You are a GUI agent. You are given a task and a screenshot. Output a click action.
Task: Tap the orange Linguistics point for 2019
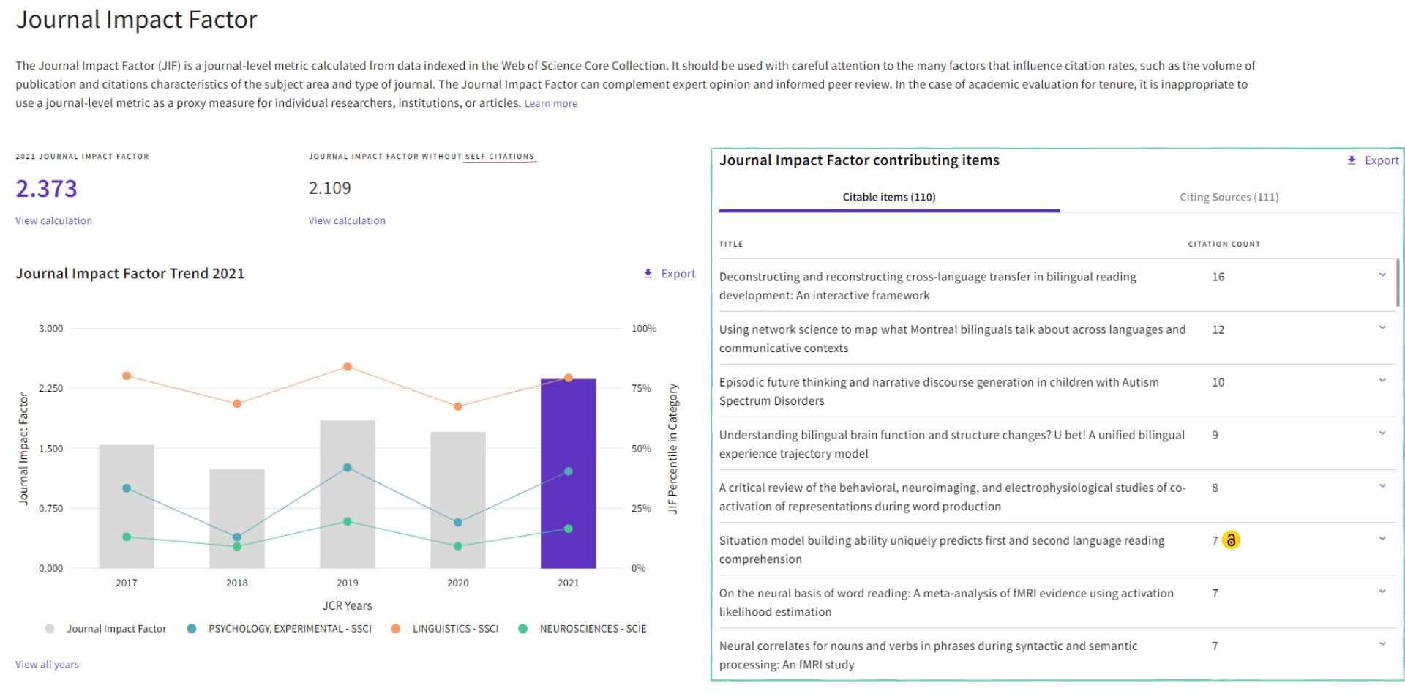coord(348,367)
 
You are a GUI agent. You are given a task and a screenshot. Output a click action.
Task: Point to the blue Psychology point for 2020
coord(458,523)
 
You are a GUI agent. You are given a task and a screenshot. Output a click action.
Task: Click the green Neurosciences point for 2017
coord(127,537)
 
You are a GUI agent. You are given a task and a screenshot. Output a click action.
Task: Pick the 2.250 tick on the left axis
coord(50,388)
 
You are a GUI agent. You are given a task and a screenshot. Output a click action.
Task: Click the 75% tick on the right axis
coord(641,388)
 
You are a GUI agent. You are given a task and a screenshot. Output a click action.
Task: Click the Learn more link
coord(550,103)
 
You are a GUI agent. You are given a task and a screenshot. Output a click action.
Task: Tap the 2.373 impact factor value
coord(46,189)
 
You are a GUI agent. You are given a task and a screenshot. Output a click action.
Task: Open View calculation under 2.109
coord(347,220)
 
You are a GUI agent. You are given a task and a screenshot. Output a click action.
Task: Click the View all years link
coord(47,664)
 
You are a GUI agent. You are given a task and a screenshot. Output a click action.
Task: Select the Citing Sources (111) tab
coord(1229,197)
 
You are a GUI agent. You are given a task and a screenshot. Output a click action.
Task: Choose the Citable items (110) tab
coord(888,197)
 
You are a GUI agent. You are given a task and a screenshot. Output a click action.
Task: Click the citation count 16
coord(1218,277)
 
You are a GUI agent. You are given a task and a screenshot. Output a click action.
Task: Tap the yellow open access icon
coord(1232,540)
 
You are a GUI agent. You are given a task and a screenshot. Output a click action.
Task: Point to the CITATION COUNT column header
coord(1224,244)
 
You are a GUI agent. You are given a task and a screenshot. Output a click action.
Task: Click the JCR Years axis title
coord(347,605)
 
